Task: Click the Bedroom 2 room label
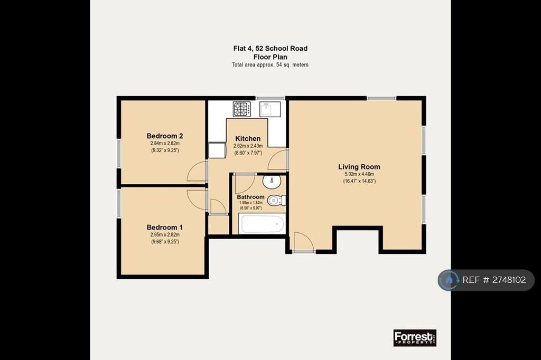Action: coord(165,136)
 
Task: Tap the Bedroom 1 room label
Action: coord(165,227)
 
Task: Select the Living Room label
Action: coord(359,167)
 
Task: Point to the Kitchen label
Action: coord(248,139)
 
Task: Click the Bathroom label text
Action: coord(251,197)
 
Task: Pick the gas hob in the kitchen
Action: coord(242,109)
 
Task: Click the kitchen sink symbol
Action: coord(270,109)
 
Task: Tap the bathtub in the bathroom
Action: coord(263,224)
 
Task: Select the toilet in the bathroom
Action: coord(276,201)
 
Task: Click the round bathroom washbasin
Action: coord(272,182)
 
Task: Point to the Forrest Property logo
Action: coord(415,338)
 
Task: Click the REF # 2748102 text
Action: coord(494,280)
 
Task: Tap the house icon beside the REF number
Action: coord(449,280)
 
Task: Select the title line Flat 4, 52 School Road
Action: coord(270,49)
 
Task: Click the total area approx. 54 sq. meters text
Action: coord(270,65)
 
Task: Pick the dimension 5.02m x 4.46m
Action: coord(359,174)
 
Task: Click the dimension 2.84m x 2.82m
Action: coord(165,143)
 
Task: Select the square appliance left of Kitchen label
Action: coord(217,150)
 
